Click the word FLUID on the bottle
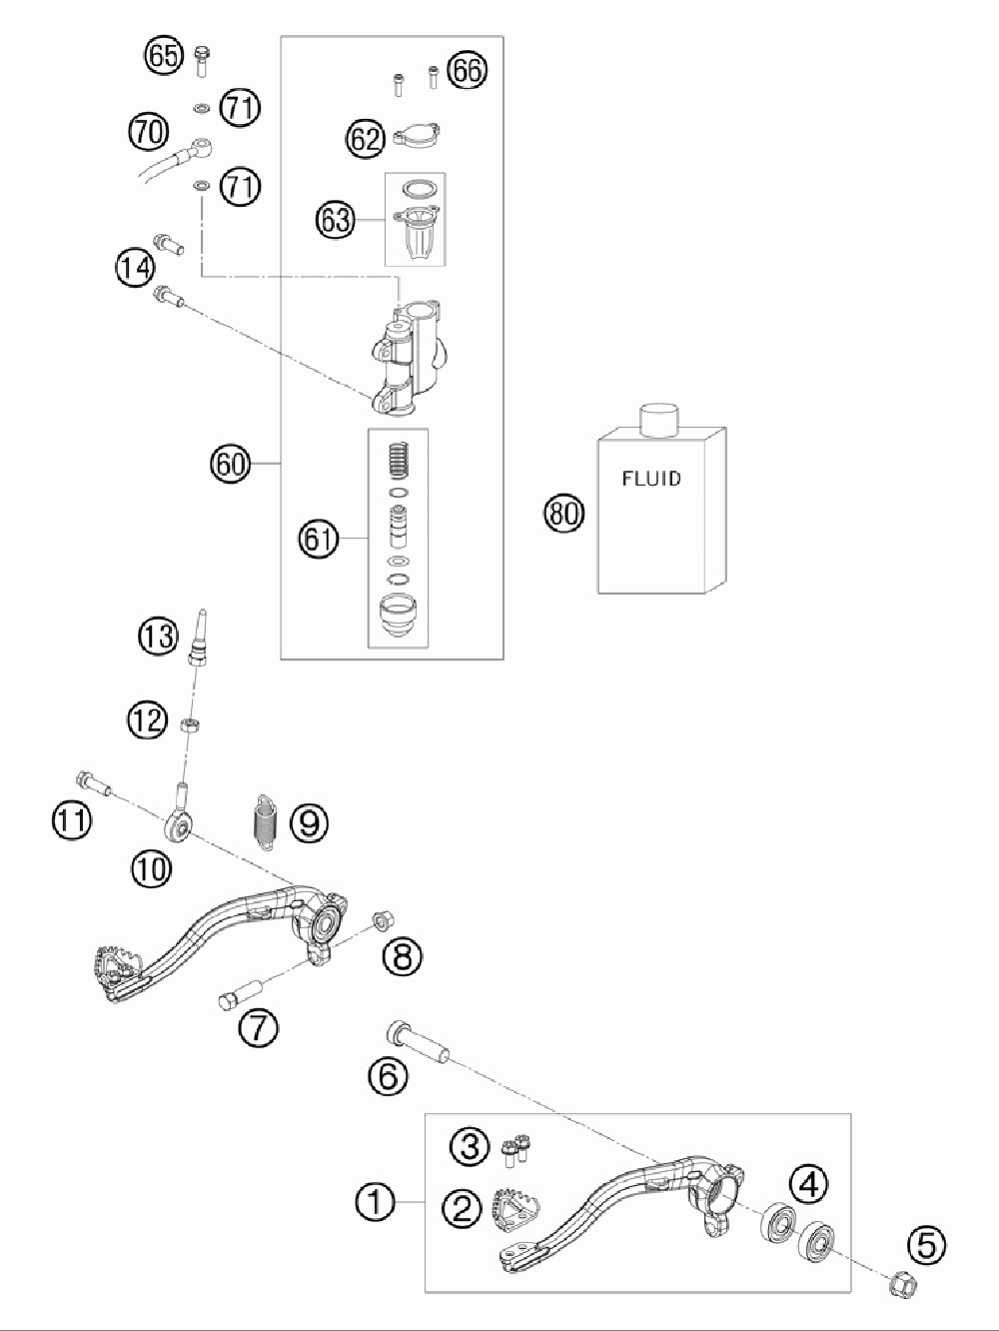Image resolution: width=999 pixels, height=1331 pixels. pos(651,479)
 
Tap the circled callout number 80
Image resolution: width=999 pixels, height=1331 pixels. pos(563,514)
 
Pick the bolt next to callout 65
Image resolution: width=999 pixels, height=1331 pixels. pos(201,61)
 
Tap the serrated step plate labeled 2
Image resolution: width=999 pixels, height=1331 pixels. pos(514,1210)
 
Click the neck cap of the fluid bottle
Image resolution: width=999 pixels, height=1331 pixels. pos(659,420)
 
